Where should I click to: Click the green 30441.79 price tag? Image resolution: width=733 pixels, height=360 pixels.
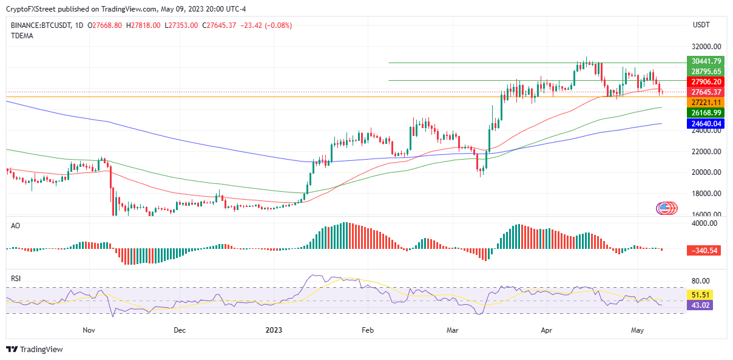pyautogui.click(x=704, y=61)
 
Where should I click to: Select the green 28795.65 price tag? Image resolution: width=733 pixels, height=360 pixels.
pyautogui.click(x=704, y=71)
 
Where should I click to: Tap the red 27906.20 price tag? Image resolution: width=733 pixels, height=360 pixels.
pyautogui.click(x=704, y=81)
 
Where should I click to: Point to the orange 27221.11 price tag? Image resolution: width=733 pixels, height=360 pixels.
pyautogui.click(x=704, y=103)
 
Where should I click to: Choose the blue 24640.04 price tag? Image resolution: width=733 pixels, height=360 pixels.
pyautogui.click(x=704, y=123)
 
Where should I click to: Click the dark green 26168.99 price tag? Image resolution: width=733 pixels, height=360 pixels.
pyautogui.click(x=704, y=113)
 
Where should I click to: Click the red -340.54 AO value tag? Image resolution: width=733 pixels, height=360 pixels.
pyautogui.click(x=704, y=250)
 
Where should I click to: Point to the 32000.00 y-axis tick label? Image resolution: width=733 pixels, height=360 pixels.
pyautogui.click(x=706, y=47)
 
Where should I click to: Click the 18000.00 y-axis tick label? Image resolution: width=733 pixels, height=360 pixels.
pyautogui.click(x=706, y=194)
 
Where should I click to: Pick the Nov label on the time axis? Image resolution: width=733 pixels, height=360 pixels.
pyautogui.click(x=89, y=331)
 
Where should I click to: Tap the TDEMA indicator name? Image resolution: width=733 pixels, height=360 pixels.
pyautogui.click(x=22, y=36)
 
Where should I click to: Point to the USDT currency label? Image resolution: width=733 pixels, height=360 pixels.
pyautogui.click(x=702, y=25)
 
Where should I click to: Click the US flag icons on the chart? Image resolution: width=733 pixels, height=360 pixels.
pyautogui.click(x=666, y=208)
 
